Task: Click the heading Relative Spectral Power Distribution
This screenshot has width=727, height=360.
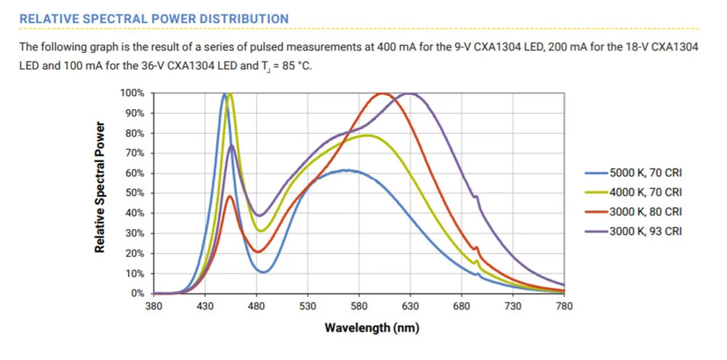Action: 154,18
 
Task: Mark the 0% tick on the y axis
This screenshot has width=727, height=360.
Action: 137,294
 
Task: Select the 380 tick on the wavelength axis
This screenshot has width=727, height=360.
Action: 153,306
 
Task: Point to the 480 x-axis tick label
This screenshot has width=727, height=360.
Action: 257,306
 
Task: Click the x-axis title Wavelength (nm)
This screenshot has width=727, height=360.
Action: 371,327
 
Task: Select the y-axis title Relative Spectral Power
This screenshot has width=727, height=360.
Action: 100,187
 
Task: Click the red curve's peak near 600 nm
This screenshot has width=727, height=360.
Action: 382,93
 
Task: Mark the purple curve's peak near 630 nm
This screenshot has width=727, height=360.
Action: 411,93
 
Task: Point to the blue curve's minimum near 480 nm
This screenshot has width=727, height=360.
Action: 263,272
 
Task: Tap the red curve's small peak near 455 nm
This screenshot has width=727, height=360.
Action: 230,196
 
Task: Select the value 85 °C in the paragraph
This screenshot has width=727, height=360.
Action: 298,65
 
